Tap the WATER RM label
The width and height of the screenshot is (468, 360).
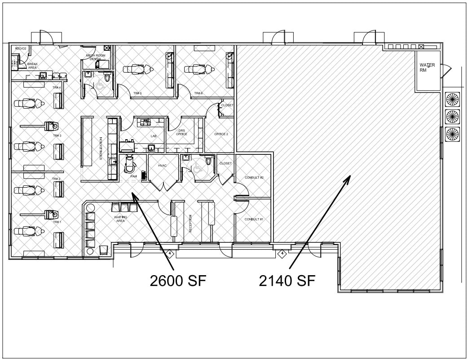click(427, 67)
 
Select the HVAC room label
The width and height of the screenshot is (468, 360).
click(163, 166)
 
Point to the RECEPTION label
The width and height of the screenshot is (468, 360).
click(190, 223)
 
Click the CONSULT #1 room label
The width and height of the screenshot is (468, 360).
click(254, 219)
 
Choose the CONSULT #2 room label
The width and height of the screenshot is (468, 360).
click(254, 178)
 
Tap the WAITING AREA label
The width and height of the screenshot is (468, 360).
click(120, 219)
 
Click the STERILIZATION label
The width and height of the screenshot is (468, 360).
click(101, 149)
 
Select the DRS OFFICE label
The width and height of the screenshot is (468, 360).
click(181, 132)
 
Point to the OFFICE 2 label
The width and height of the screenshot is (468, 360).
click(221, 134)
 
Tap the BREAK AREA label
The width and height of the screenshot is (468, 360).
click(32, 66)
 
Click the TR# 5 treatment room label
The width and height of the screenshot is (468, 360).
click(137, 93)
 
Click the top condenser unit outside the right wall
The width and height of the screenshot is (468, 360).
click(452, 99)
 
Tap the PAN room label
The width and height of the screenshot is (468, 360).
click(133, 176)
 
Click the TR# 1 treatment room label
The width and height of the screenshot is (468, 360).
click(57, 222)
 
